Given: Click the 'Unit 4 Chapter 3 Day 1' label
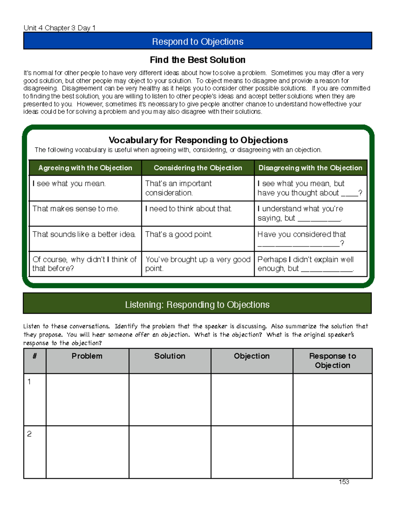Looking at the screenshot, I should pyautogui.click(x=59, y=28).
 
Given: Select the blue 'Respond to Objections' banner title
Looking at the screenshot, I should pyautogui.click(x=198, y=42).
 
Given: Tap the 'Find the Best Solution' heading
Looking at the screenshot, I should pyautogui.click(x=198, y=60).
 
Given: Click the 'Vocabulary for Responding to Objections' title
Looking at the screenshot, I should pyautogui.click(x=198, y=140).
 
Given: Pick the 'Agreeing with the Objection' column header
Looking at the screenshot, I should pyautogui.click(x=85, y=168).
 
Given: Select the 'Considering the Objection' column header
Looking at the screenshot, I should pyautogui.click(x=198, y=168).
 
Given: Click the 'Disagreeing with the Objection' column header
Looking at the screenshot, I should pyautogui.click(x=310, y=168).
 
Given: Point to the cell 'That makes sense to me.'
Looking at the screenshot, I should pyautogui.click(x=76, y=209).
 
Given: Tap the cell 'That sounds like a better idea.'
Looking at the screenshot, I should pyautogui.click(x=84, y=234).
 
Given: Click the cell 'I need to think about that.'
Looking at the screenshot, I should pyautogui.click(x=188, y=209).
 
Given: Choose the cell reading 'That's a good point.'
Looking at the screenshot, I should pyautogui.click(x=179, y=234).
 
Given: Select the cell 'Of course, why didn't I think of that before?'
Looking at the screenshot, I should pyautogui.click(x=84, y=264).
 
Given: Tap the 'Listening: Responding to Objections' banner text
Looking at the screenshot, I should pyautogui.click(x=197, y=305).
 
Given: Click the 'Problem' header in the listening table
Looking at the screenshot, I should pyautogui.click(x=87, y=356).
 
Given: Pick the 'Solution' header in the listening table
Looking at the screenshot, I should pyautogui.click(x=170, y=356).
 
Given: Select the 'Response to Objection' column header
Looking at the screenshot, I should pyautogui.click(x=332, y=361).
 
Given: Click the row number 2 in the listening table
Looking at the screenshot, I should pyautogui.click(x=29, y=434).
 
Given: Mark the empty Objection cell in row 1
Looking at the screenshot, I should pyautogui.click(x=252, y=400).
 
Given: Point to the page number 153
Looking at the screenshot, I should pyautogui.click(x=344, y=482).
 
